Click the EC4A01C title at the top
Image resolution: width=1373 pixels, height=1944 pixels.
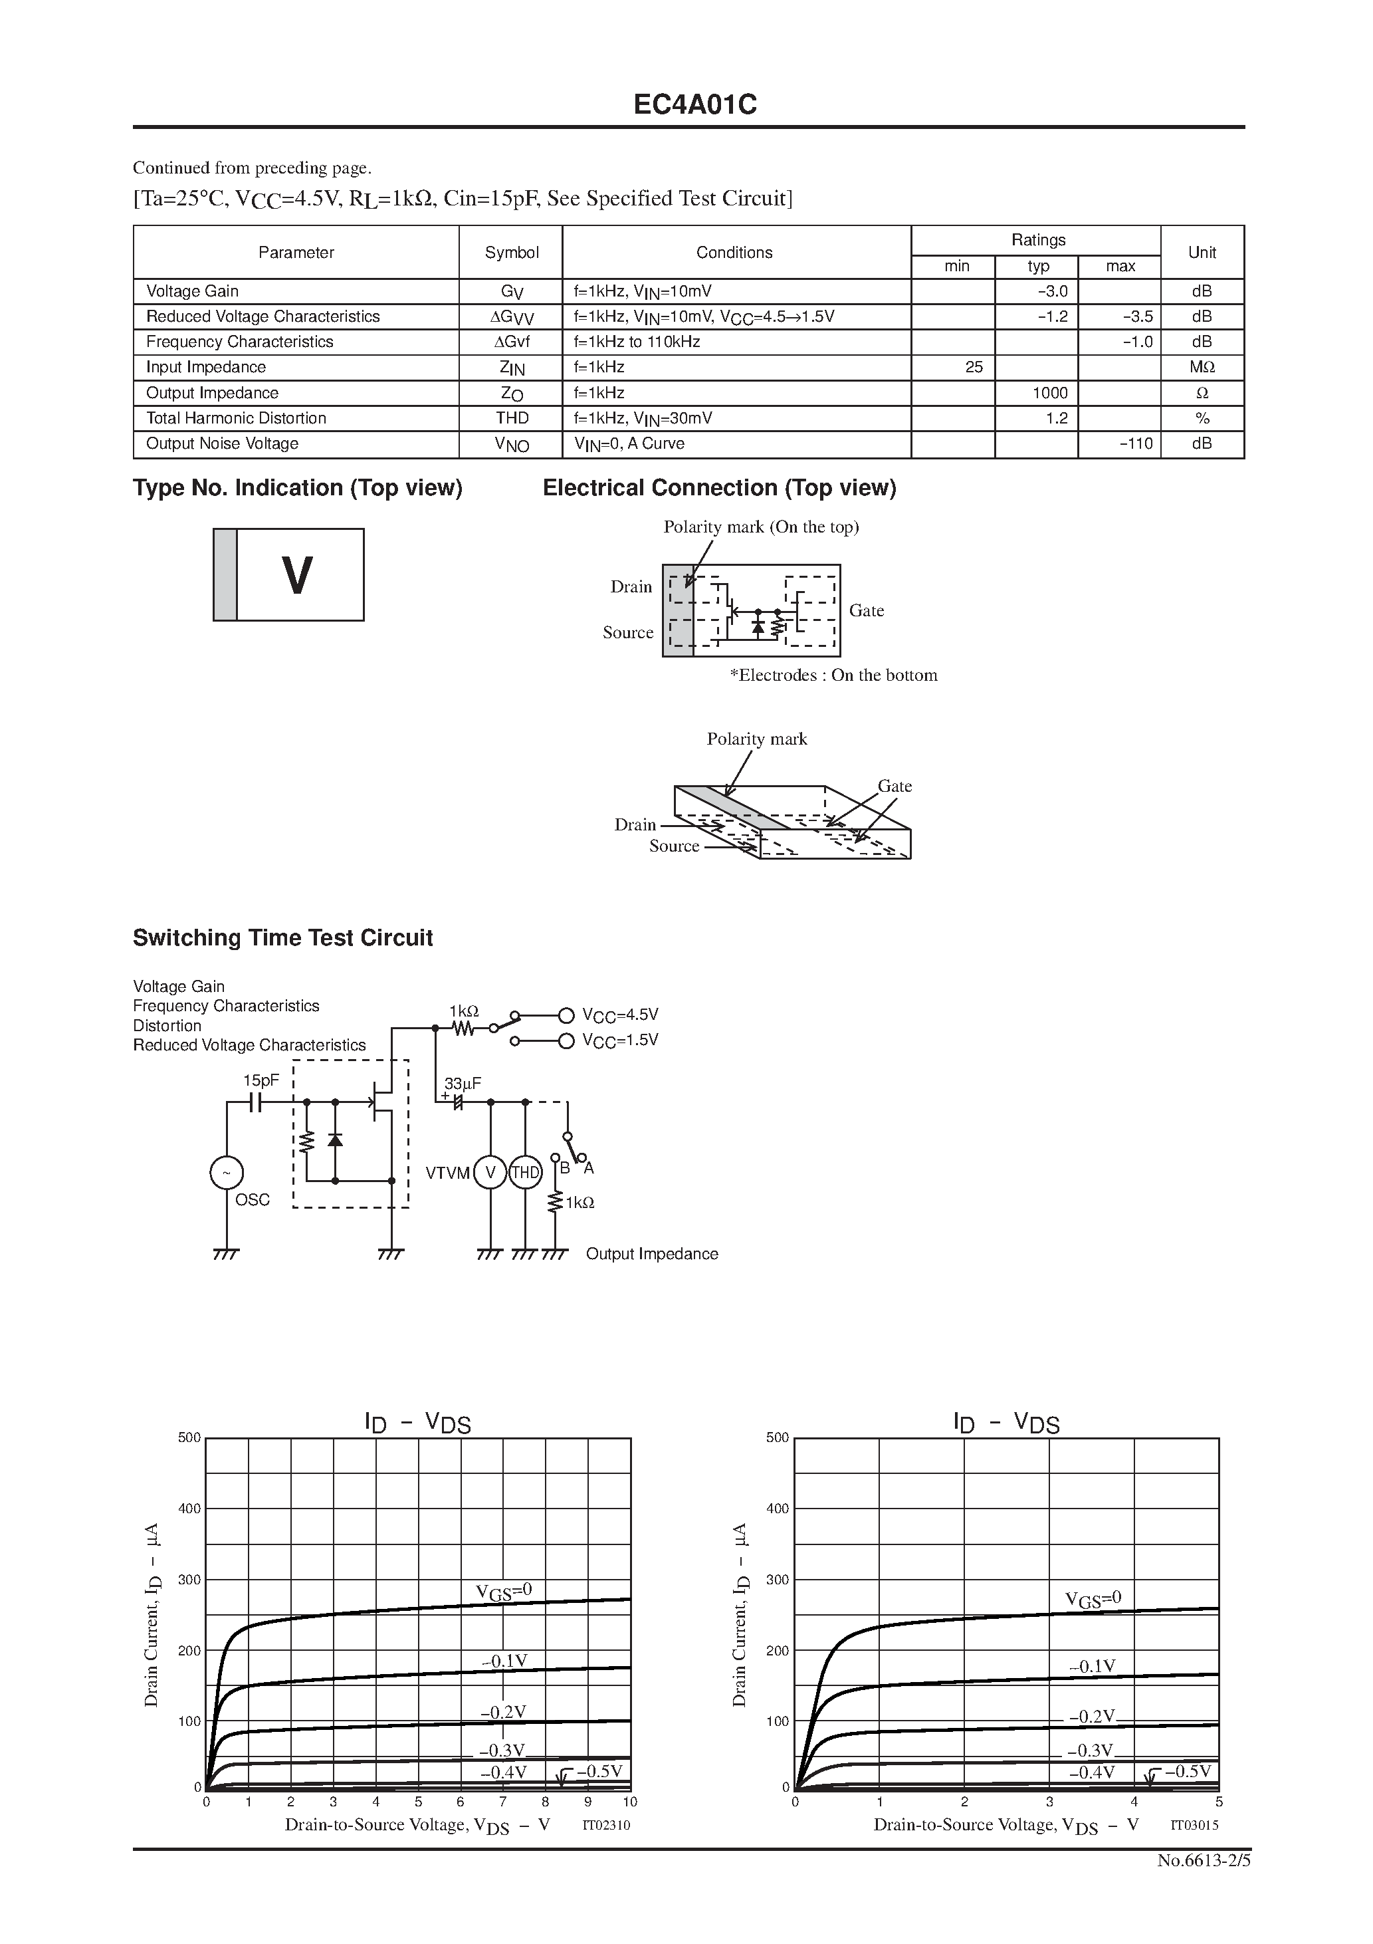pos(695,105)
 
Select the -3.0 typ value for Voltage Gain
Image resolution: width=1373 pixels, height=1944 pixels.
pos(1052,291)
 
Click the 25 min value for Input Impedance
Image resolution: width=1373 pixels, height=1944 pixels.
pos(974,368)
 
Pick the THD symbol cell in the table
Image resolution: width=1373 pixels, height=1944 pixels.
pos(511,418)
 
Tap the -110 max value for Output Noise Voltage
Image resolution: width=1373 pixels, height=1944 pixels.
pos(1136,443)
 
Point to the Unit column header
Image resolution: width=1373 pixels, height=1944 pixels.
pos(1201,253)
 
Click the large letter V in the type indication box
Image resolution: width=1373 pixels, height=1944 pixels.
pos(296,576)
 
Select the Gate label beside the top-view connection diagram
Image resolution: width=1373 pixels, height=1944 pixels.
pos(866,610)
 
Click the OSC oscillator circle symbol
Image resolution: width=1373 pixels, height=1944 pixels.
pos(227,1173)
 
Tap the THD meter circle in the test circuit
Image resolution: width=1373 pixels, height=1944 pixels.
pos(525,1173)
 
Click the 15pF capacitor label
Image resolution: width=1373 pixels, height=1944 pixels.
pos(261,1080)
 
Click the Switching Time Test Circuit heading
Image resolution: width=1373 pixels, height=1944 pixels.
pos(282,938)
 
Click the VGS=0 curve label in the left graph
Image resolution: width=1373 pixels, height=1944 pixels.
pos(504,1591)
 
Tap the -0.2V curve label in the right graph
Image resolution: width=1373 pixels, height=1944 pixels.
pos(1092,1716)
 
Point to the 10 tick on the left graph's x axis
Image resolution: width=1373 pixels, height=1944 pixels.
pos(630,1802)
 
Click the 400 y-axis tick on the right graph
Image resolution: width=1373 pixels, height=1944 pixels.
pos(777,1509)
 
